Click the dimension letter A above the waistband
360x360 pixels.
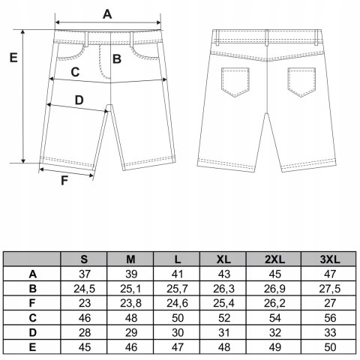(x=107, y=14)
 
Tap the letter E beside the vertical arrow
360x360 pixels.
(x=13, y=58)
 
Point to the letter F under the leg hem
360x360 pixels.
(x=64, y=181)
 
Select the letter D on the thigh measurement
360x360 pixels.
(x=79, y=100)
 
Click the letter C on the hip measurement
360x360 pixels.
(x=75, y=72)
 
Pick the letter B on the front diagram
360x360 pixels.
(x=117, y=59)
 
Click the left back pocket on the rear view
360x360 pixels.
(x=235, y=82)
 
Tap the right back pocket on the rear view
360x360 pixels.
(x=301, y=82)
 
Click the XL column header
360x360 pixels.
(x=223, y=259)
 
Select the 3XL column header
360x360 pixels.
(x=330, y=259)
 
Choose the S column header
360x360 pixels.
(x=84, y=259)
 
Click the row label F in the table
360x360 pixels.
(x=32, y=303)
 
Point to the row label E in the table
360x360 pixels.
(x=32, y=347)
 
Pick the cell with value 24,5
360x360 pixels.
(x=84, y=289)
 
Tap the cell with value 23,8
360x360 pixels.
(x=130, y=304)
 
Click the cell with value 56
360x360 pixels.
(x=330, y=318)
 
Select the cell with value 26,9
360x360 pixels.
(x=274, y=289)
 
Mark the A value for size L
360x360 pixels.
(x=177, y=274)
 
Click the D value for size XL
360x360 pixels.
(x=223, y=333)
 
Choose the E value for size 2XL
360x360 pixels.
(x=274, y=347)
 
